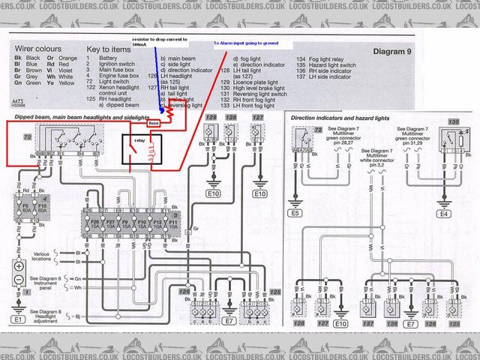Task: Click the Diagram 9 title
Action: click(398, 52)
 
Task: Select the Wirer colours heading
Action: click(36, 49)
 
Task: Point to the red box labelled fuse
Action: click(154, 122)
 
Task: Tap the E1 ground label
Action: click(17, 319)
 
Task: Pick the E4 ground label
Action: click(444, 214)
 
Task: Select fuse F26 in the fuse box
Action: click(94, 223)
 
